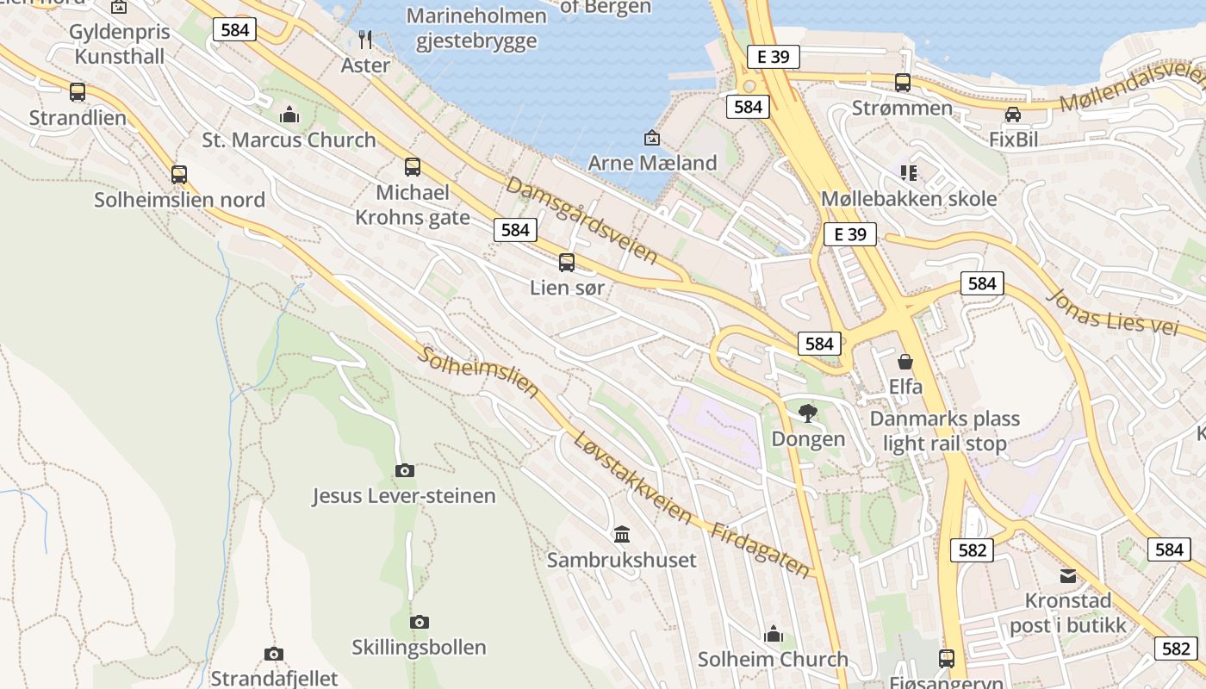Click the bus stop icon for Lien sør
click(x=567, y=263)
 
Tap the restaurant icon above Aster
click(x=365, y=39)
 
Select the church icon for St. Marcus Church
click(x=289, y=114)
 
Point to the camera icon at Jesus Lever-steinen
click(x=404, y=470)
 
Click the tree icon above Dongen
click(x=808, y=413)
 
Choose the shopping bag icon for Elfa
click(x=905, y=362)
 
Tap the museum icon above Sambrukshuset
click(x=622, y=534)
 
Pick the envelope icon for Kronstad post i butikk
click(x=1068, y=575)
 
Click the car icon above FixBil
click(x=1013, y=115)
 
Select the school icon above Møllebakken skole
click(x=908, y=173)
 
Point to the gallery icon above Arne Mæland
click(x=652, y=138)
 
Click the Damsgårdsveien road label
click(x=581, y=220)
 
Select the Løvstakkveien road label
click(x=632, y=478)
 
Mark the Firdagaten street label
click(x=761, y=549)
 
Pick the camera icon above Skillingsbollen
click(x=420, y=622)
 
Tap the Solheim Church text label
click(x=773, y=660)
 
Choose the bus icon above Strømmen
click(x=903, y=83)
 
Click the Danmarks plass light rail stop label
click(x=945, y=431)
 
